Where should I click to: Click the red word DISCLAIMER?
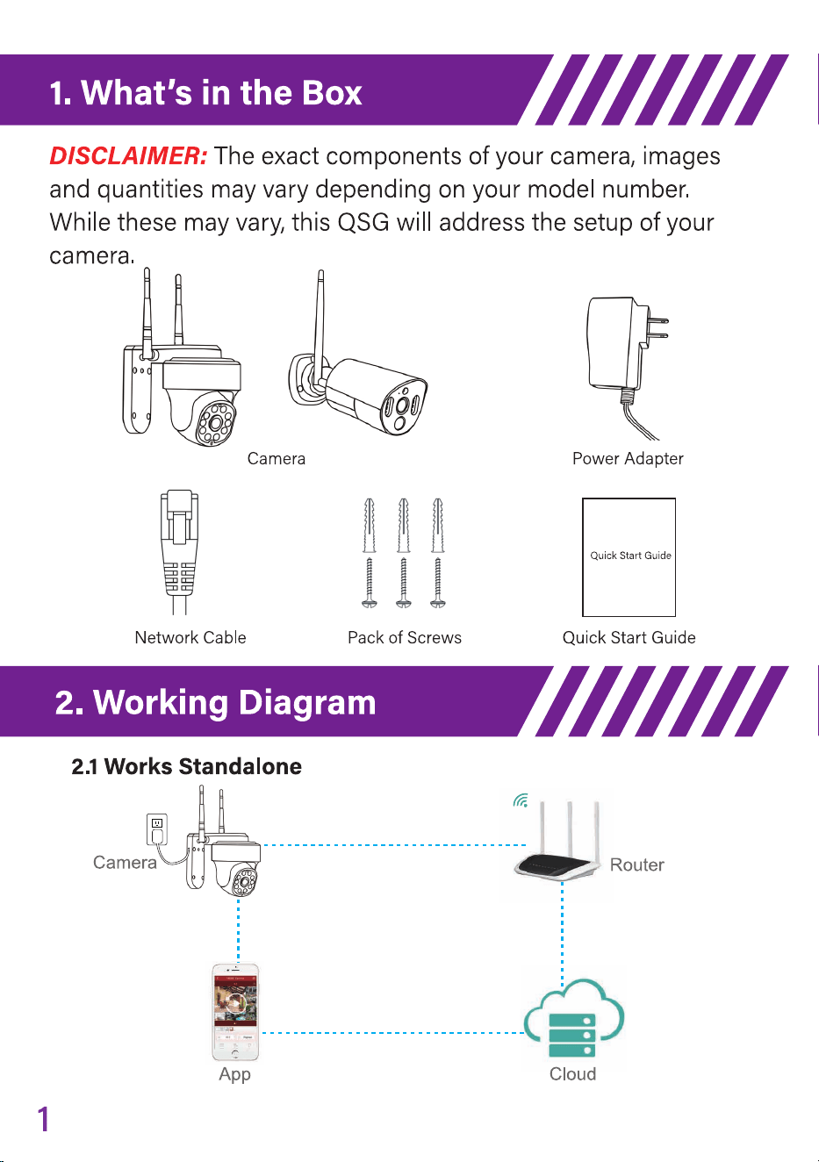129,155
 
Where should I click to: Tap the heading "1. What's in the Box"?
205,92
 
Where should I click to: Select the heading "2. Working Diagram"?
215,702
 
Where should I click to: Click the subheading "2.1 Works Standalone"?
186,766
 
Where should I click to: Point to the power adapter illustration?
627,367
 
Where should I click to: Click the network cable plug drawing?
180,552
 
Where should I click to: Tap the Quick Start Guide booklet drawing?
629,557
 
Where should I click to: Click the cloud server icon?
573,1018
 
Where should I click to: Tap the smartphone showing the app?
235,1012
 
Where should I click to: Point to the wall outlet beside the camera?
157,829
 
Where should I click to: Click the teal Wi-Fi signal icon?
521,800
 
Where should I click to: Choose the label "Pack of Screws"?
405,637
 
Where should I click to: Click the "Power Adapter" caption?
628,459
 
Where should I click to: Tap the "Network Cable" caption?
190,637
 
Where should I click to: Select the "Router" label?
636,864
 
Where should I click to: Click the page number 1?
44,1118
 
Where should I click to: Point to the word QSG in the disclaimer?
363,223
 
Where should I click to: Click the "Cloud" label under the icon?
572,1074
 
